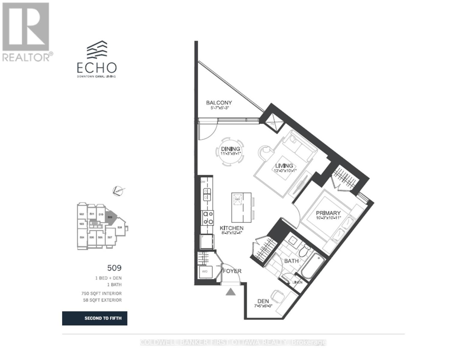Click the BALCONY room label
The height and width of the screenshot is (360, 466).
click(x=219, y=103)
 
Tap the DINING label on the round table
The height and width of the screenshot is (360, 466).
click(x=230, y=149)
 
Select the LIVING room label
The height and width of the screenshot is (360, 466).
click(x=284, y=166)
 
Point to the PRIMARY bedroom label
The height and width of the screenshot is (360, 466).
click(x=328, y=213)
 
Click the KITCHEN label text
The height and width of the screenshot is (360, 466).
click(x=231, y=228)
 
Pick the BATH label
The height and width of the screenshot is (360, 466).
click(x=291, y=261)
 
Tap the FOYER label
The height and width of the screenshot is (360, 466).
click(x=232, y=271)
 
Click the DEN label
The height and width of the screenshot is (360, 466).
click(x=263, y=301)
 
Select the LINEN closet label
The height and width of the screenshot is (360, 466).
click(x=297, y=282)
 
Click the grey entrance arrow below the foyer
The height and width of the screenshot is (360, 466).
click(x=230, y=292)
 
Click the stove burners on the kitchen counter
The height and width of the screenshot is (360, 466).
click(x=207, y=218)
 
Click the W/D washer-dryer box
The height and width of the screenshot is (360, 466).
click(x=206, y=271)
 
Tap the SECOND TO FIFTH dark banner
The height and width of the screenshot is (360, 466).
click(x=95, y=318)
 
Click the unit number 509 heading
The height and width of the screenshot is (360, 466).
click(x=114, y=268)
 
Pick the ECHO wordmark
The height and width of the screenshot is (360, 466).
click(x=97, y=68)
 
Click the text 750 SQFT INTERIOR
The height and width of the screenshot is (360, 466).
click(x=101, y=293)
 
